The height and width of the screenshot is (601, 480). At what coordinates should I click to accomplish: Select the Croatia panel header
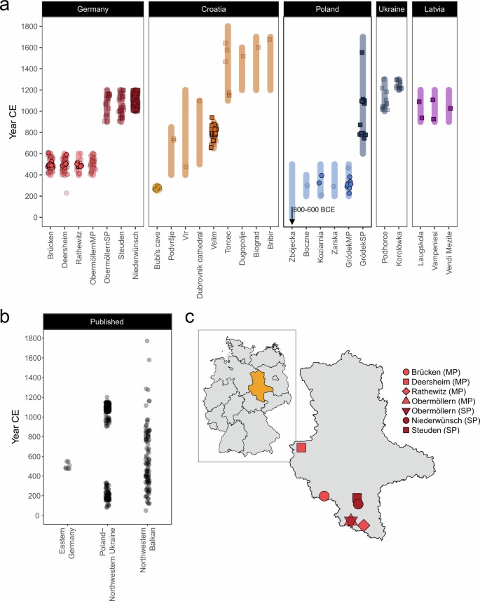point(214,11)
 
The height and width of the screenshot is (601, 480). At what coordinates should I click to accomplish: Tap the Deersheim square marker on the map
point(301,448)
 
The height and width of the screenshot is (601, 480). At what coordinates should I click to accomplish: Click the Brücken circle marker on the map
point(324,496)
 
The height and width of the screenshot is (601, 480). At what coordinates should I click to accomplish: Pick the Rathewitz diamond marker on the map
point(363,525)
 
